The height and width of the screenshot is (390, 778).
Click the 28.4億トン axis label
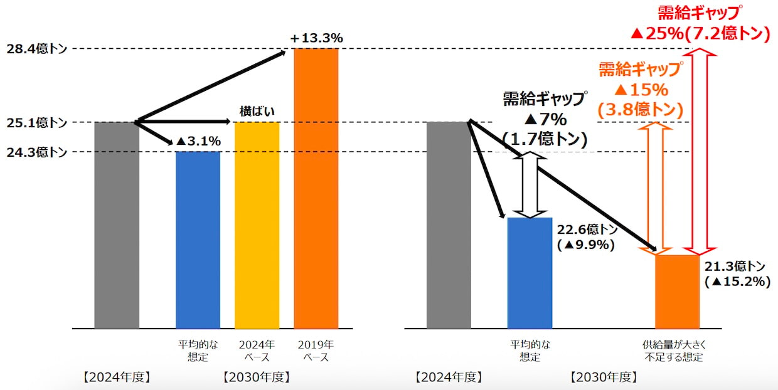(35, 49)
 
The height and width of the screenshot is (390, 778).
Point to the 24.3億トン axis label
(35, 152)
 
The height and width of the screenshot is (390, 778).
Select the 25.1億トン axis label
(35, 122)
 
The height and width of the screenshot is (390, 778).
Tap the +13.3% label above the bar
(316, 39)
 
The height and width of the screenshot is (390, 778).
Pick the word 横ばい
(257, 111)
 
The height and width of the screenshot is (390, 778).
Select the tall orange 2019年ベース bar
(316, 188)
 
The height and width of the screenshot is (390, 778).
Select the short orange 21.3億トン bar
(677, 292)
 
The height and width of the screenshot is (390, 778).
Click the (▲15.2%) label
(737, 282)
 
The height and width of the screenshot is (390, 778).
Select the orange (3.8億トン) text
(640, 110)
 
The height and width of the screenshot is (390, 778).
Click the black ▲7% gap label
(544, 119)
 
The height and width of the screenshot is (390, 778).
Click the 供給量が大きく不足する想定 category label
(676, 351)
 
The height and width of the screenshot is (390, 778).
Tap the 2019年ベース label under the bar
(316, 351)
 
